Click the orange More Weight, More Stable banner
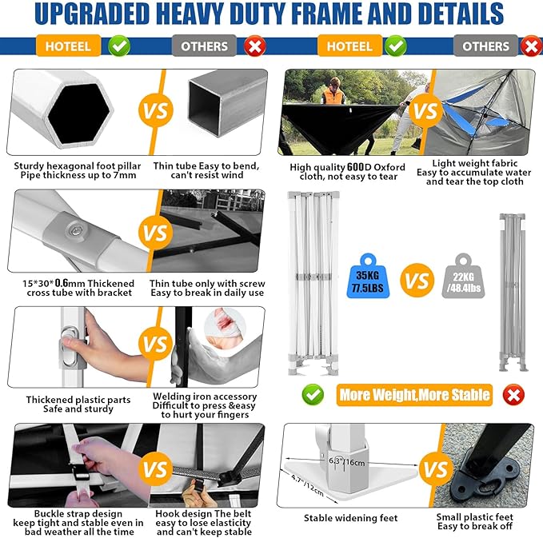(413, 394)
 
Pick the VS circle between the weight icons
(416, 281)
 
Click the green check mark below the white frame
(313, 393)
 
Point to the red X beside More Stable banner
(513, 394)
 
